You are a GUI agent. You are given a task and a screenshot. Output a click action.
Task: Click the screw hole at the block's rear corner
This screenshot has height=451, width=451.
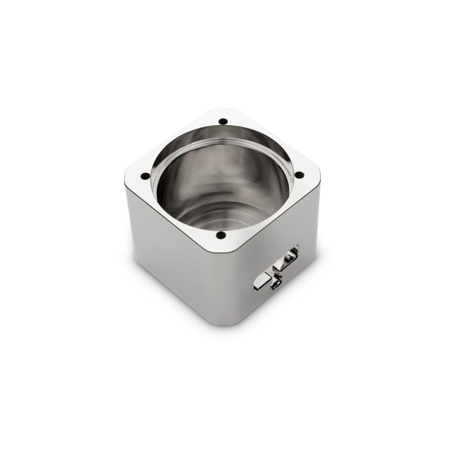pos(223,121)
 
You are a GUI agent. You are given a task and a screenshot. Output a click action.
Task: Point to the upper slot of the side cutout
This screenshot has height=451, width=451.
pos(289,256)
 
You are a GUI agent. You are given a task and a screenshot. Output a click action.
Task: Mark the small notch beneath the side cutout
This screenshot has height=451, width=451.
pos(275,286)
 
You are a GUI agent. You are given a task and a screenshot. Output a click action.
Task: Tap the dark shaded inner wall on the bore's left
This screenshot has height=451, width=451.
pos(169,186)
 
